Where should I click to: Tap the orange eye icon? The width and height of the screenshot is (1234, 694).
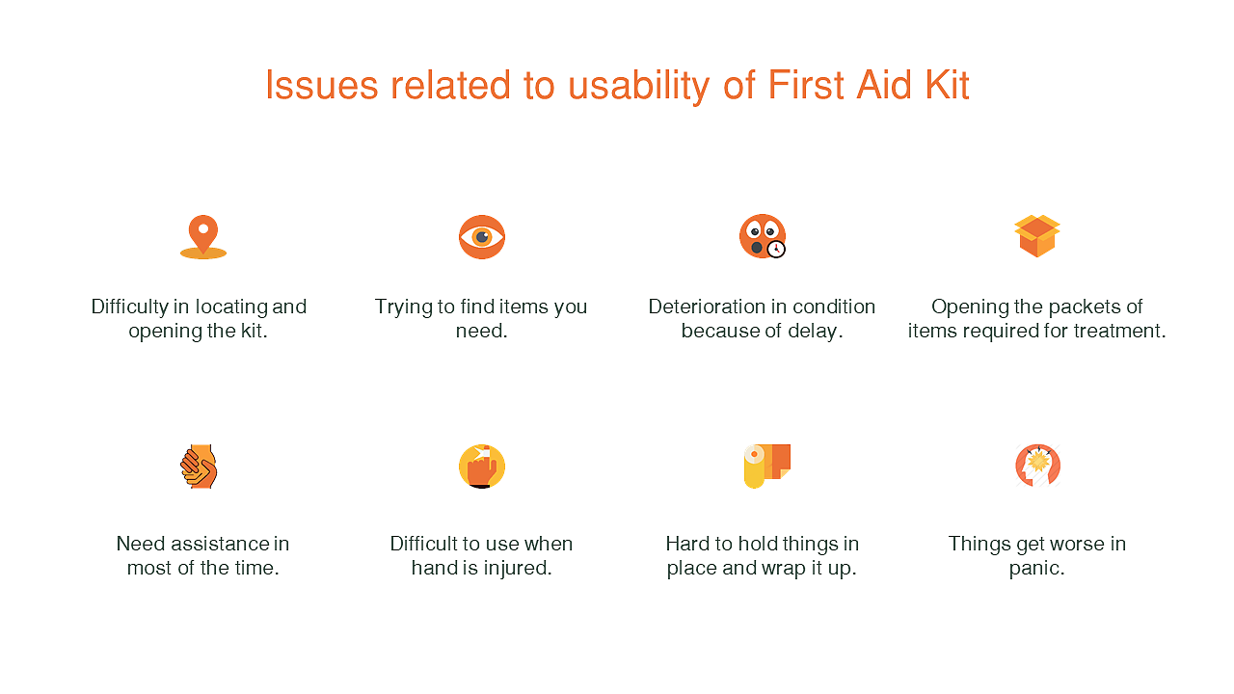pyautogui.click(x=482, y=237)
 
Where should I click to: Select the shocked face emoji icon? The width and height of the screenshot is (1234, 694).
pyautogui.click(x=762, y=236)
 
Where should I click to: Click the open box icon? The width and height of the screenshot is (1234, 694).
pyautogui.click(x=1037, y=236)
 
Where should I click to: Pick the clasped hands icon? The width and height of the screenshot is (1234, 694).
pyautogui.click(x=199, y=467)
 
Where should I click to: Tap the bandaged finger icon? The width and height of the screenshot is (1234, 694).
pyautogui.click(x=482, y=467)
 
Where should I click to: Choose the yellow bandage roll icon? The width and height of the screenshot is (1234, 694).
pyautogui.click(x=766, y=466)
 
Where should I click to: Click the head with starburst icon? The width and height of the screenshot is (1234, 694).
pyautogui.click(x=1038, y=466)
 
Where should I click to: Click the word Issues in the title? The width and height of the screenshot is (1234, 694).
pyautogui.click(x=322, y=86)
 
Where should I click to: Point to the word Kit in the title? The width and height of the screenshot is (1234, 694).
pyautogui.click(x=947, y=86)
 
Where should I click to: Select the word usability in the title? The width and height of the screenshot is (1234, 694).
pyautogui.click(x=639, y=87)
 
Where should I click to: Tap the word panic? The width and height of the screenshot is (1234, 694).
pyautogui.click(x=1035, y=569)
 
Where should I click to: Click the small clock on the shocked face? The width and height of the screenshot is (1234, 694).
pyautogui.click(x=776, y=249)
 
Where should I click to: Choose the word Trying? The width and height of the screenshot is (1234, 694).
pyautogui.click(x=403, y=307)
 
